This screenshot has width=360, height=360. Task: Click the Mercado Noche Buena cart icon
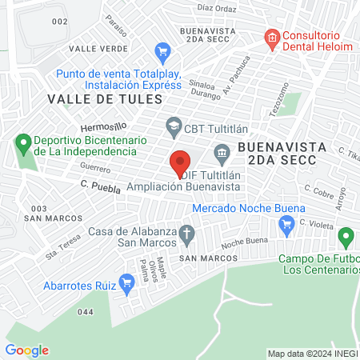tap(286, 226)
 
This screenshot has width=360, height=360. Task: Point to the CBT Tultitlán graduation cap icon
tap(172, 125)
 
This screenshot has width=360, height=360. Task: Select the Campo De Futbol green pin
tap(346, 237)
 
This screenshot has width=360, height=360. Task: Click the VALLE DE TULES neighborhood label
tap(104, 98)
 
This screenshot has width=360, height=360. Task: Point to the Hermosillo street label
tap(104, 128)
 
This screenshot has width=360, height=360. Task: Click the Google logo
tap(26, 350)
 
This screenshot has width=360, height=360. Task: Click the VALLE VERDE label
tap(98, 48)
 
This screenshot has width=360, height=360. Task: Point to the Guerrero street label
tap(95, 169)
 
